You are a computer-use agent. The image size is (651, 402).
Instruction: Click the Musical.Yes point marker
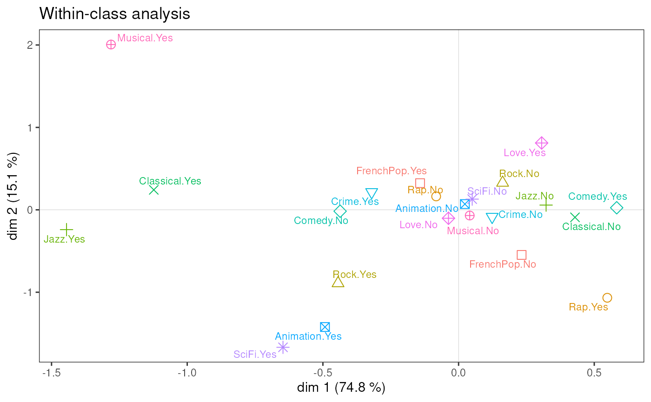tap(111, 45)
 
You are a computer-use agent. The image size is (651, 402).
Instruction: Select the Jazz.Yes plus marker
tap(66, 230)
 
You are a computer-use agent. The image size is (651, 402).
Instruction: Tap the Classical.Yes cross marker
tap(154, 190)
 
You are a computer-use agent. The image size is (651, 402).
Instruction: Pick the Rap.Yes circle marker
tap(607, 297)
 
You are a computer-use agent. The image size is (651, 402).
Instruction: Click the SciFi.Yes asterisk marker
tap(283, 347)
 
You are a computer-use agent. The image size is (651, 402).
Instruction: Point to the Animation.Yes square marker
tap(325, 327)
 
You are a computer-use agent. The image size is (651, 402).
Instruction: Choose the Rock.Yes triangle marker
tap(338, 282)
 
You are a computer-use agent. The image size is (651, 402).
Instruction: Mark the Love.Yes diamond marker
tap(541, 143)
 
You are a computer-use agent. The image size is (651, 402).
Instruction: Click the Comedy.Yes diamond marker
tap(617, 208)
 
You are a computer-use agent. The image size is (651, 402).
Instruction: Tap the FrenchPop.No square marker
tap(522, 255)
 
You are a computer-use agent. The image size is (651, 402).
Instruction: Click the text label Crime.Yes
tap(355, 202)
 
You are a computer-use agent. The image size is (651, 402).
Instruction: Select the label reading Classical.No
tap(591, 227)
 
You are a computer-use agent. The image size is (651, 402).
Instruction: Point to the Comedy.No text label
tap(321, 221)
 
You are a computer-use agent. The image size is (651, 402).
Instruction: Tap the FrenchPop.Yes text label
tap(391, 171)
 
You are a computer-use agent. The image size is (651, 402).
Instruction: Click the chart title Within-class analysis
tap(115, 14)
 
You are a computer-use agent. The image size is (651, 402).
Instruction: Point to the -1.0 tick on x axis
tap(187, 373)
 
